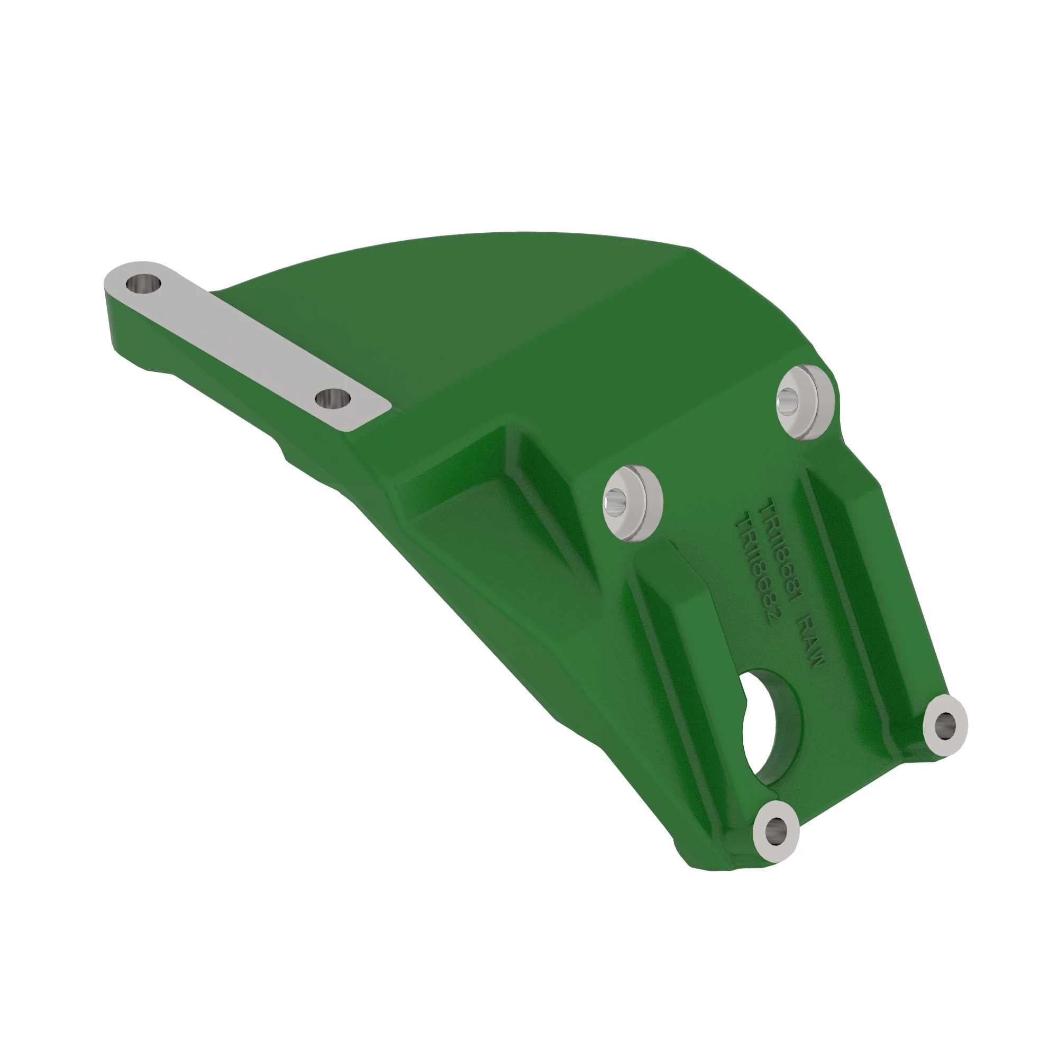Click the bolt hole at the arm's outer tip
tap(143, 284)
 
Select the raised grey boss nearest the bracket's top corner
tap(803, 402)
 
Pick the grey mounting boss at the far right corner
tap(945, 726)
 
